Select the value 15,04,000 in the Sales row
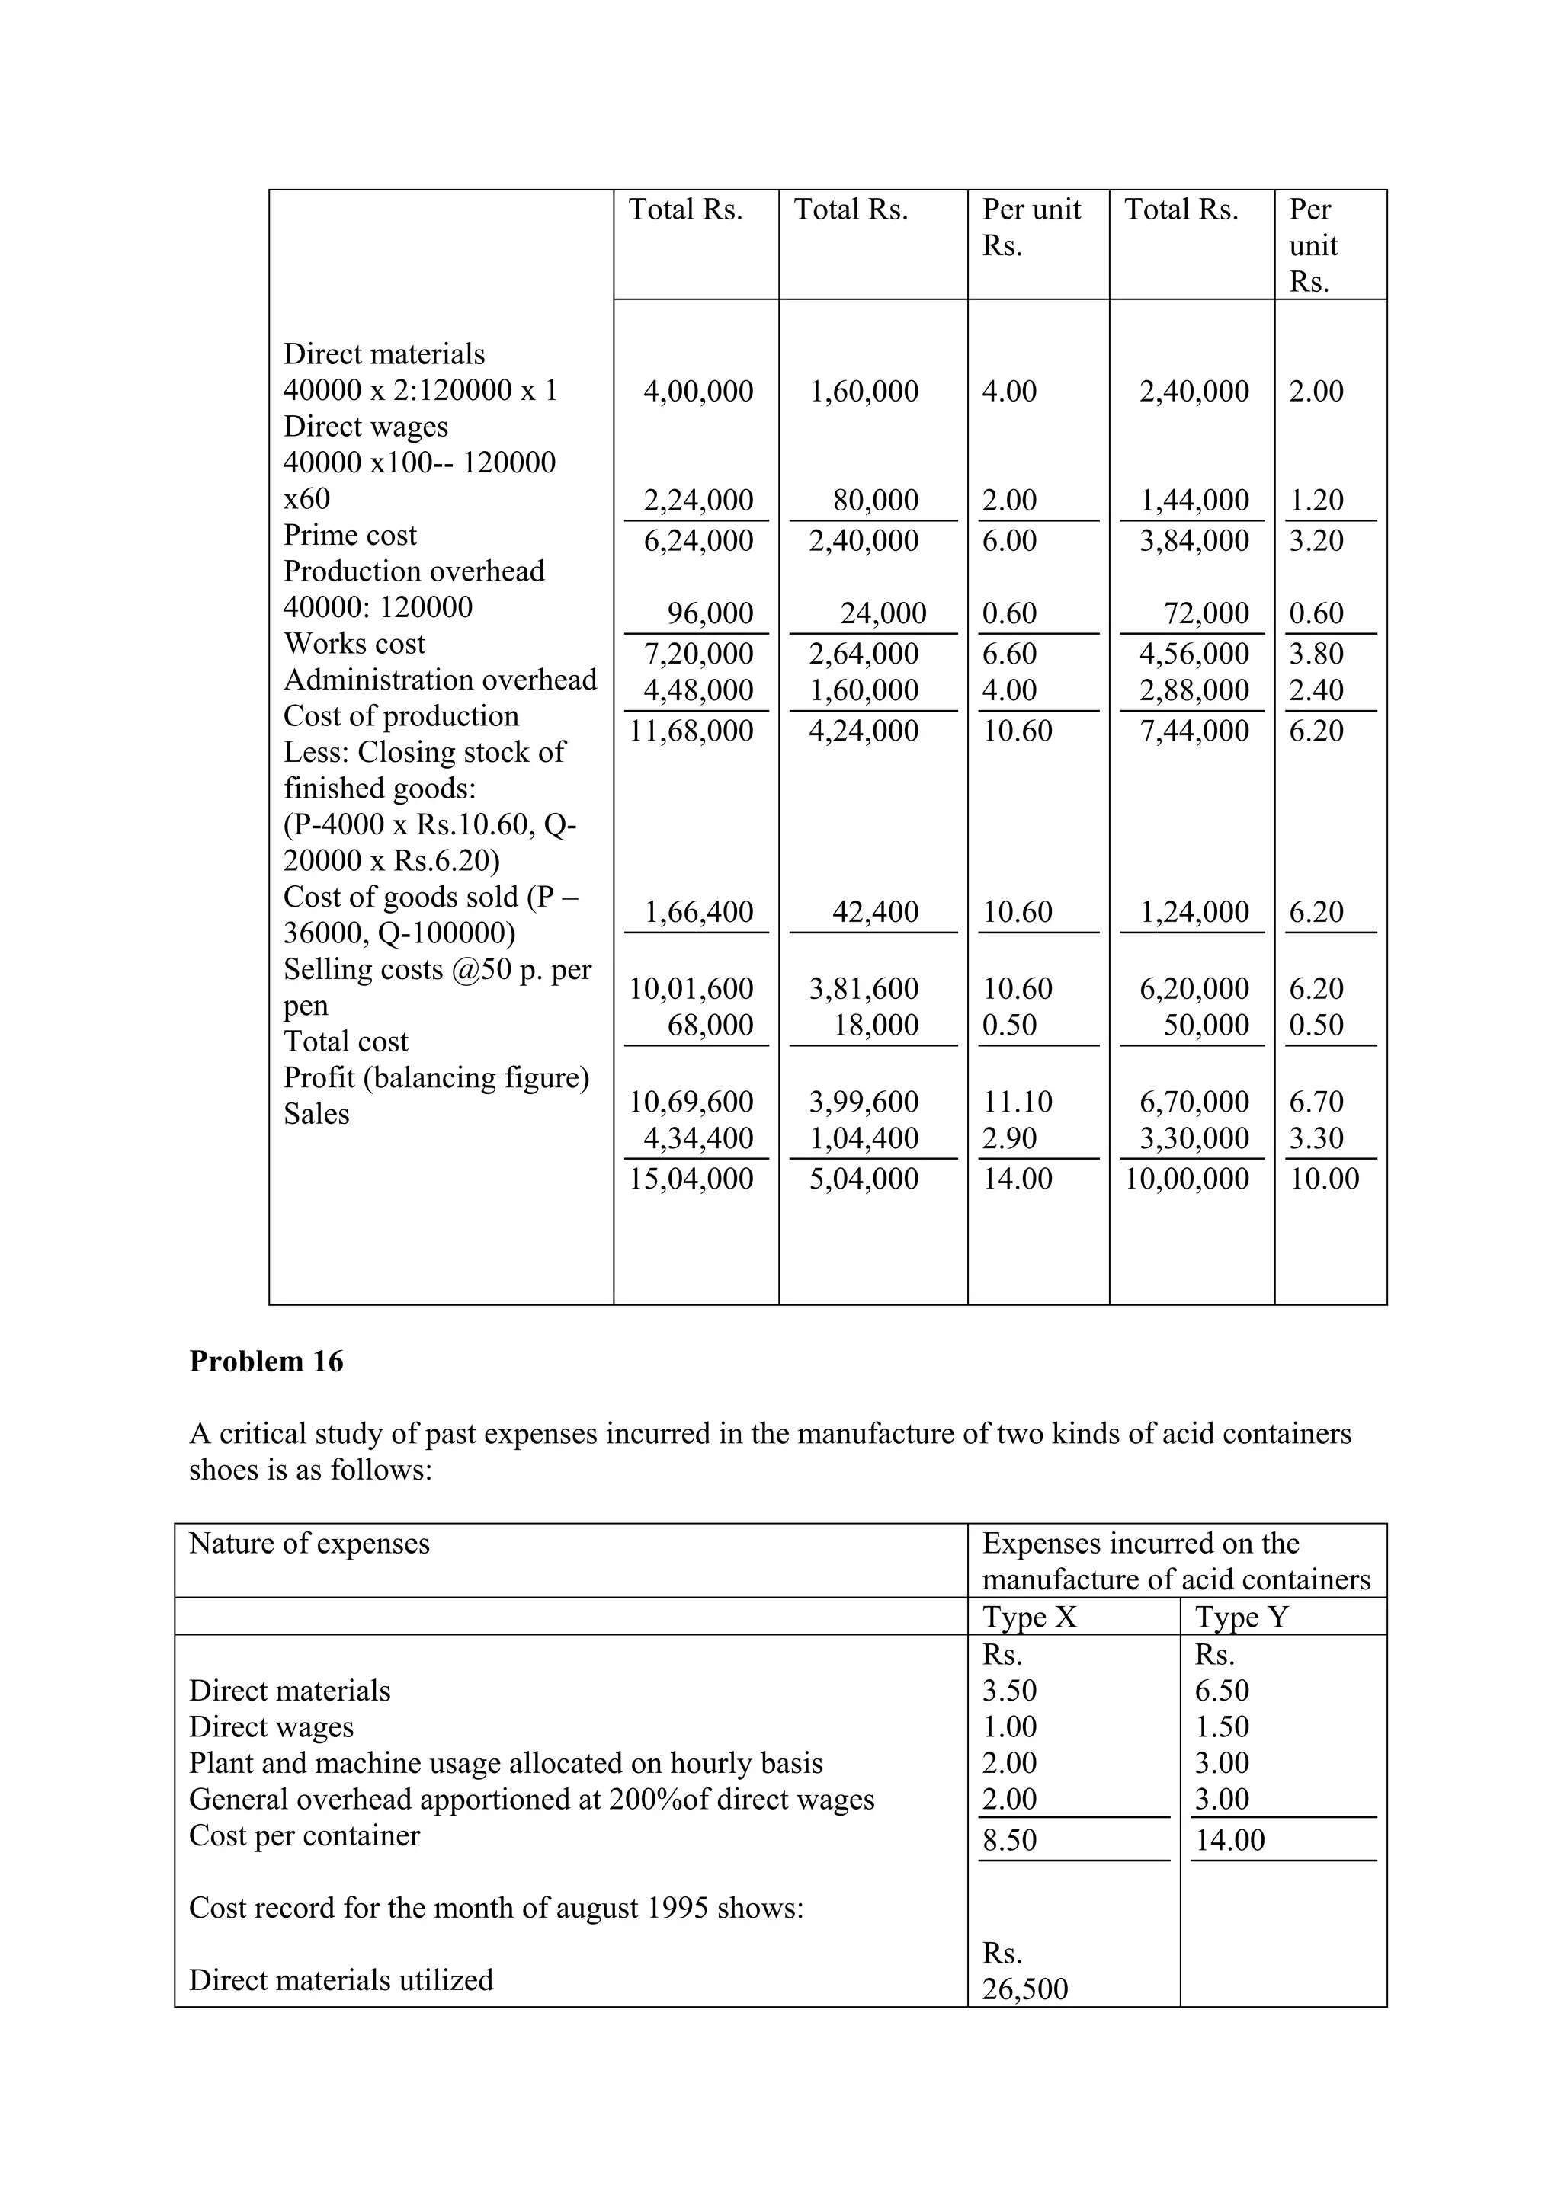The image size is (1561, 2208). (x=691, y=1179)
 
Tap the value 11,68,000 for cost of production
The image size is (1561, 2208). (x=691, y=731)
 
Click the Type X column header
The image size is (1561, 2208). (x=1029, y=1617)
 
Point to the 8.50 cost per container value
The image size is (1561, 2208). (x=1009, y=1840)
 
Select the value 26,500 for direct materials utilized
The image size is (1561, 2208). (x=1024, y=1989)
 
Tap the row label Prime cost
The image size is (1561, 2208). (x=350, y=535)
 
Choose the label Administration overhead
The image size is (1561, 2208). (x=440, y=680)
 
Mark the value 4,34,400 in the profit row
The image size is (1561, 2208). (x=698, y=1138)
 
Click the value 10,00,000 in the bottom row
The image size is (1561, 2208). (x=1187, y=1179)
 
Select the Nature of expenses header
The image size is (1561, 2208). (x=309, y=1544)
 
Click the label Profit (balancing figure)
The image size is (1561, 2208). (x=436, y=1078)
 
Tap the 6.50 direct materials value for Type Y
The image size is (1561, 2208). (x=1222, y=1691)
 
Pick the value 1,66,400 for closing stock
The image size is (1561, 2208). (x=698, y=912)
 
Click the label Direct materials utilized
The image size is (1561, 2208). (x=341, y=1980)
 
